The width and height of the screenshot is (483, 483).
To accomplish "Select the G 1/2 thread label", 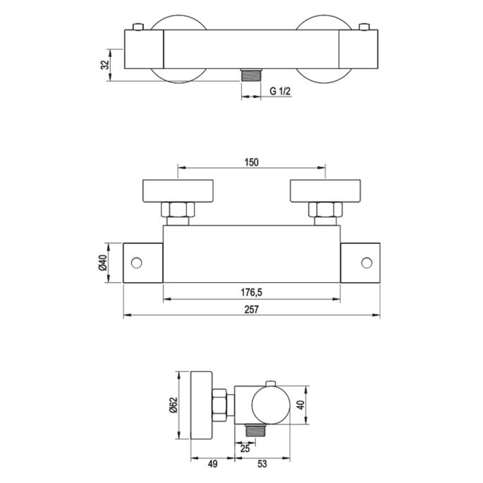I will click(282, 91).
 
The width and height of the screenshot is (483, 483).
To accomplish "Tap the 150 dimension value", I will click(252, 162).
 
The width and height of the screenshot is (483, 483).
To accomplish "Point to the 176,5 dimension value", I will click(252, 293).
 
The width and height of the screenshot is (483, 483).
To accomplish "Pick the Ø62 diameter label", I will click(173, 405).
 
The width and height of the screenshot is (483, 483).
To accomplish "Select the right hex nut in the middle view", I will click(326, 210).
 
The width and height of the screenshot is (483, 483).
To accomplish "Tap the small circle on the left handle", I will click(137, 263).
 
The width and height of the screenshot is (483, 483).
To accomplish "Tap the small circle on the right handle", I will click(366, 263).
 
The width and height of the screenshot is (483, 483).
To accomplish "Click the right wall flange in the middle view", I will click(326, 190).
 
